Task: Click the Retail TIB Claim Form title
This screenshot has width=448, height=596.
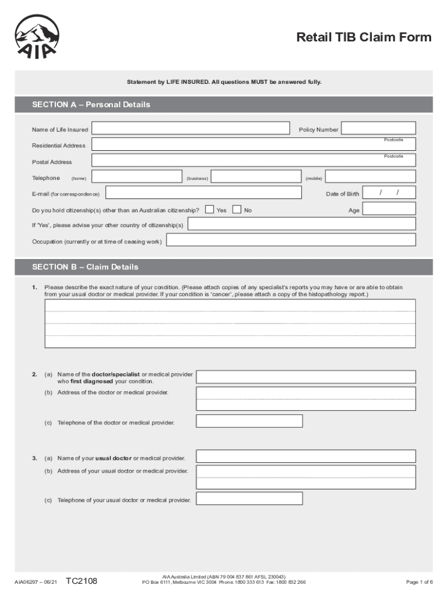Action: [364, 38]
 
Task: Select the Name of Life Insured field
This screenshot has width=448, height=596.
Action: [191, 129]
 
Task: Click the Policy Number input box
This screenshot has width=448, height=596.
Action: [378, 129]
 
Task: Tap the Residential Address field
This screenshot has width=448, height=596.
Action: [254, 145]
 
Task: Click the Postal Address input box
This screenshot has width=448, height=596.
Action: [254, 161]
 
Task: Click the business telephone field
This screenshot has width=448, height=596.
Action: [255, 177]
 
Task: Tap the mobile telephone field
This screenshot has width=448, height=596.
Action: [370, 177]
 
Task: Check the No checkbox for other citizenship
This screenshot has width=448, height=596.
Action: [237, 210]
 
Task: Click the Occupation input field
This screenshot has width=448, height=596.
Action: [291, 240]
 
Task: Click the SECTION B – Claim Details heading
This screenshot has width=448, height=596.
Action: [86, 267]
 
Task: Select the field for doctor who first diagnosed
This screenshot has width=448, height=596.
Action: [305, 377]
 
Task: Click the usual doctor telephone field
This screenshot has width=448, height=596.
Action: [249, 499]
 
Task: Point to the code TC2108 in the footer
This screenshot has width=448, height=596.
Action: [81, 581]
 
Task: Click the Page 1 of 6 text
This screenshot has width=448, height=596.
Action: [419, 582]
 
